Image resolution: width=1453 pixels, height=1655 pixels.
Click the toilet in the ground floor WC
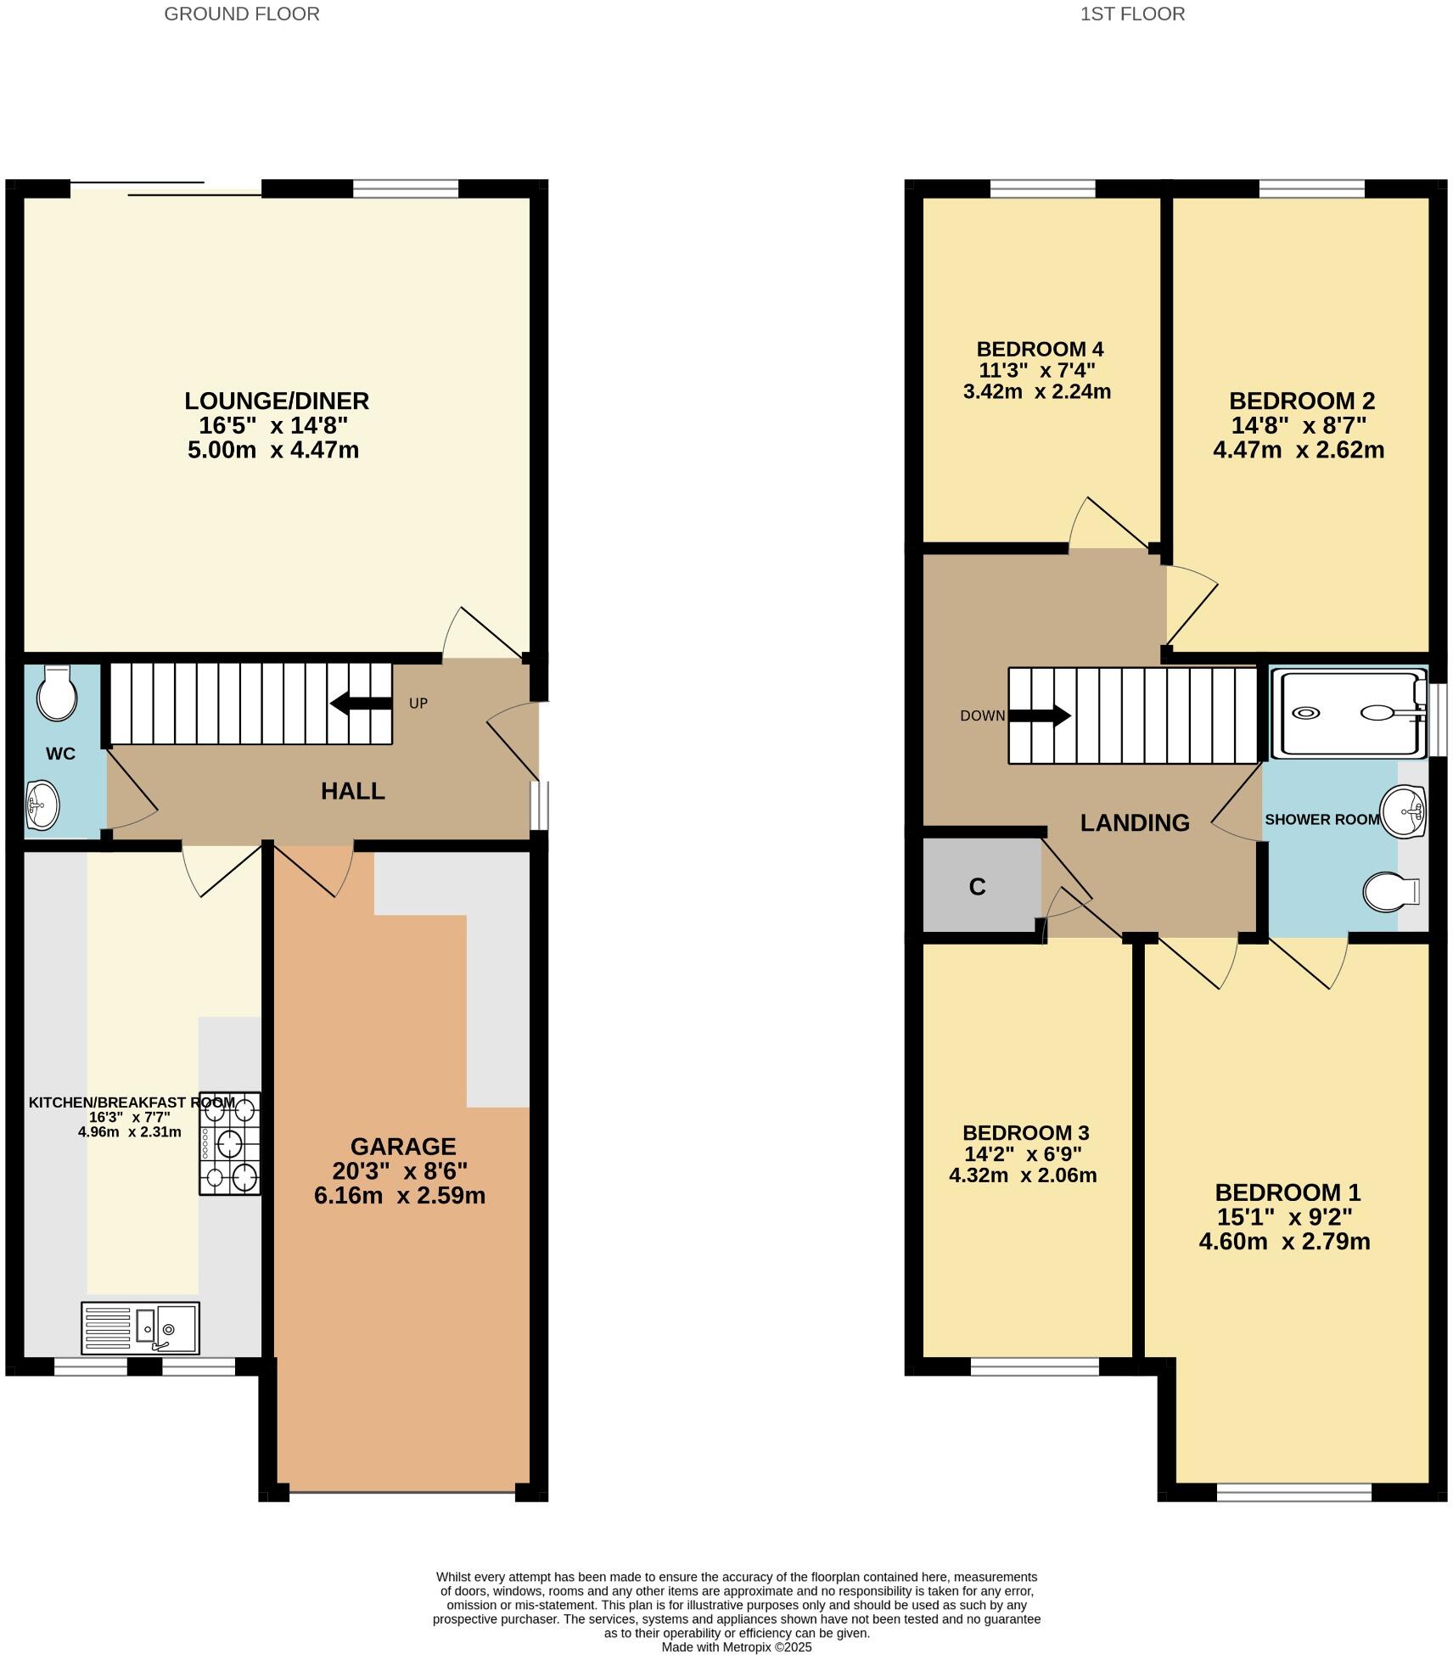coord(57,693)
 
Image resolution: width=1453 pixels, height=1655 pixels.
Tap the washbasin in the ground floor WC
coord(42,804)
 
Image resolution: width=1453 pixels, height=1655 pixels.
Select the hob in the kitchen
coord(229,1143)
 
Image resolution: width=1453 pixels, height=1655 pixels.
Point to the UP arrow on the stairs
coord(361,703)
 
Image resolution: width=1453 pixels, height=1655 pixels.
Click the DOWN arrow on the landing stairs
coord(1040,715)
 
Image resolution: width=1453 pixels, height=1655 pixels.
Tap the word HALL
coord(353,791)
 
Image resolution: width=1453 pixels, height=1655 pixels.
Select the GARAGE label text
coord(403,1147)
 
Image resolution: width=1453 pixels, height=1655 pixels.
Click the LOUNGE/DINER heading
coord(277,401)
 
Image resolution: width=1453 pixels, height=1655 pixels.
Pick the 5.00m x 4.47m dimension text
coord(273,450)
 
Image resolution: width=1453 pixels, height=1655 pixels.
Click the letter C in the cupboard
coord(977,887)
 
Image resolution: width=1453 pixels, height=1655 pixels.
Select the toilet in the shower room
coord(1390,892)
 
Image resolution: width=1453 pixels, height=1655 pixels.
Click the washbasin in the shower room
coord(1402,811)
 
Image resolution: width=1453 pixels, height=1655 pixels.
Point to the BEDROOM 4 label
coord(1040,349)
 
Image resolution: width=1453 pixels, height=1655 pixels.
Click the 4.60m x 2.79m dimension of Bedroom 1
coord(1284,1242)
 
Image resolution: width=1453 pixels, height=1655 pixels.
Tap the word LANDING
coord(1135,822)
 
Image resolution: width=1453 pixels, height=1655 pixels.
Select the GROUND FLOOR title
coord(242,14)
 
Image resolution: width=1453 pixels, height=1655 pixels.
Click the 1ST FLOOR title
coord(1132,14)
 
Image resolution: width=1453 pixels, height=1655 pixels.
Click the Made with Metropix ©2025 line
coord(737,1647)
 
